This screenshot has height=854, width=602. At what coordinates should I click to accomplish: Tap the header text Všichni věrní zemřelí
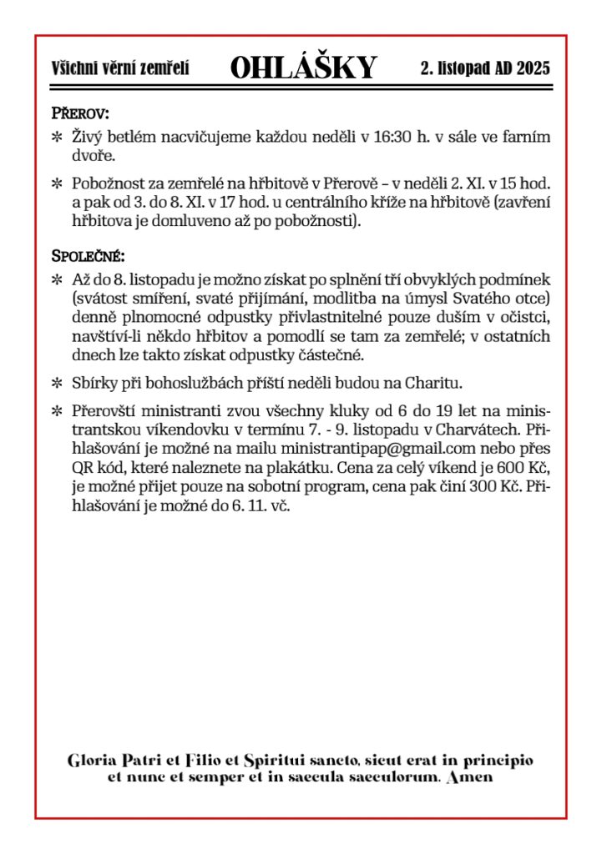click(x=120, y=68)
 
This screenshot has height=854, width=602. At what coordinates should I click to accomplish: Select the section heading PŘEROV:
click(x=81, y=113)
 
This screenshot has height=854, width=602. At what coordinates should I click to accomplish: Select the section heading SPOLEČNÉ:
click(x=88, y=255)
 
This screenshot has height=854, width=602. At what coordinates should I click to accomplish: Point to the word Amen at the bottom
click(x=470, y=777)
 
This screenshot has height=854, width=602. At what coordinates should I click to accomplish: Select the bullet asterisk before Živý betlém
click(x=58, y=137)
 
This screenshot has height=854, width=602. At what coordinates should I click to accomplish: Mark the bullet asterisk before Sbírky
click(x=58, y=383)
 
